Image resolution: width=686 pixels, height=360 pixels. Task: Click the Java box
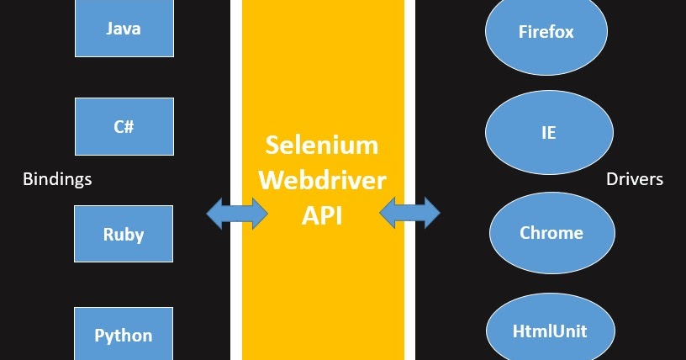click(124, 29)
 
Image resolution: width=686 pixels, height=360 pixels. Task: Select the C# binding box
click(124, 127)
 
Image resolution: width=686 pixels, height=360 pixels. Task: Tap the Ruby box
click(124, 234)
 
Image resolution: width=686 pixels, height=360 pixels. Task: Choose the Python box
click(124, 335)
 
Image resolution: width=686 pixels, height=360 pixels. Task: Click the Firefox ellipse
click(546, 33)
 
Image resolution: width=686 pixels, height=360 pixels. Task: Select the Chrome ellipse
click(551, 232)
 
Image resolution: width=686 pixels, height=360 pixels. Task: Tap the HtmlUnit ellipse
click(550, 331)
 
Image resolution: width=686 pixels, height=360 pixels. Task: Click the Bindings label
click(57, 179)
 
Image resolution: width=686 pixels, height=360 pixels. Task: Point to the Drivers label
click(635, 179)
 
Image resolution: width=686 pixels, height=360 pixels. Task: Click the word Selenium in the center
click(322, 145)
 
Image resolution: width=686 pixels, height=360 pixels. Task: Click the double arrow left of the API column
click(237, 213)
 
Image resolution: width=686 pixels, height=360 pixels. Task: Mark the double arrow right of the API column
click(409, 213)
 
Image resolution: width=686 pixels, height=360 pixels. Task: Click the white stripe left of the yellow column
click(236, 101)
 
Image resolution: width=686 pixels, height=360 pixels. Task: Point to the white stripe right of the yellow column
click(409, 101)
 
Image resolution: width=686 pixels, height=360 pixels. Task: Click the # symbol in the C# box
click(129, 127)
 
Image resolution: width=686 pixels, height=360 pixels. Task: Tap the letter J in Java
click(110, 29)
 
